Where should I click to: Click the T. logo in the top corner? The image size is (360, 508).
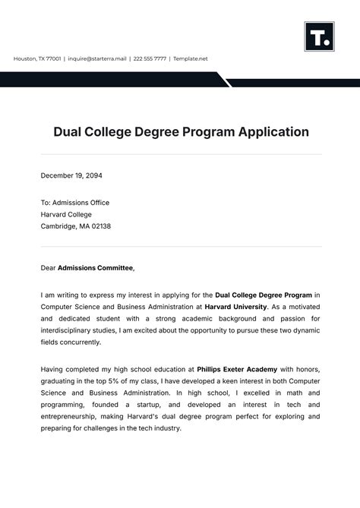pos(319,36)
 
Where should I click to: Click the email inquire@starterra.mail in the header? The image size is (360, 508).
pos(97,58)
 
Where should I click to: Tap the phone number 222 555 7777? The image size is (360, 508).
pos(149,58)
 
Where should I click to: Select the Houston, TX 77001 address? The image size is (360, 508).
pos(37,58)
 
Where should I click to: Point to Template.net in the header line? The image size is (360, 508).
pos(190,58)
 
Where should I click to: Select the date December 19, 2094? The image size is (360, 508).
pos(71,175)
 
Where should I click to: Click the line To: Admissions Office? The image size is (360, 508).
pos(75,203)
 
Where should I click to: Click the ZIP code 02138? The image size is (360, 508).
pos(100,226)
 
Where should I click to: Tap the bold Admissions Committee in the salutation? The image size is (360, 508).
pos(96,268)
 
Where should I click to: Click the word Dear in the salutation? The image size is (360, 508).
pos(48,268)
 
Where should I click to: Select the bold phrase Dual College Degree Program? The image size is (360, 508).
pos(264,295)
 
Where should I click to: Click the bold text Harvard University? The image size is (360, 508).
pos(235,307)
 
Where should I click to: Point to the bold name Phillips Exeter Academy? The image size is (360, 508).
pos(231,368)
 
